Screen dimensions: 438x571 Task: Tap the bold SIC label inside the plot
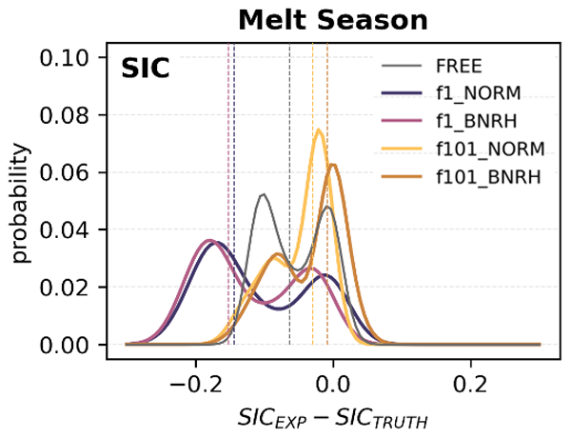(145, 70)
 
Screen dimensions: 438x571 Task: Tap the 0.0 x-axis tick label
(333, 384)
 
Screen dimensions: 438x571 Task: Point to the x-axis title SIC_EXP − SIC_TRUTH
(333, 417)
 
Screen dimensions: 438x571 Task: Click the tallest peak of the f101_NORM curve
(319, 130)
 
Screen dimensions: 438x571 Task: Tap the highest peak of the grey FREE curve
(263, 194)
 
